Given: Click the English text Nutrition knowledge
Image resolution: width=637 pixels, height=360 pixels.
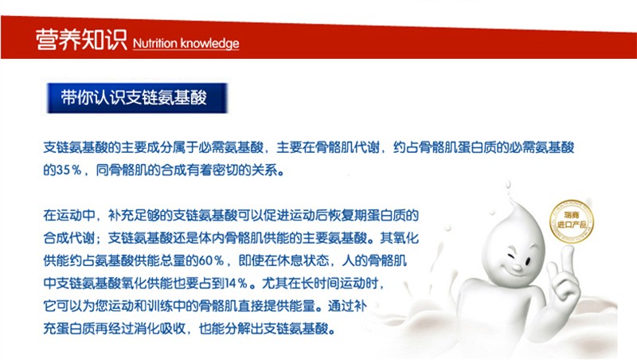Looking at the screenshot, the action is [x=186, y=44].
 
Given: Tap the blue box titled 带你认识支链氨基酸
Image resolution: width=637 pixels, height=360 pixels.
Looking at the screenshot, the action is [x=137, y=98].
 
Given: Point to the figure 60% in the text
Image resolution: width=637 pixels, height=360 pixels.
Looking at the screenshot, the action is [x=211, y=260].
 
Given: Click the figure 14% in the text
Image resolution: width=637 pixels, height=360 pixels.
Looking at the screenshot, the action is [x=236, y=284].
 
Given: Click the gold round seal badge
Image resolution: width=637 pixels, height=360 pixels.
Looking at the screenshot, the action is [x=571, y=221].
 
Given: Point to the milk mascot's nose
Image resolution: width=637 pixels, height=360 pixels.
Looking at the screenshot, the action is [x=516, y=268].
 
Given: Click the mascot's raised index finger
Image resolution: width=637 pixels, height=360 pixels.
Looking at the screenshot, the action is [x=567, y=260].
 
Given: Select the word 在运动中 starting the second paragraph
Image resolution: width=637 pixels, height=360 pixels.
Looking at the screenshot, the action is [x=69, y=215].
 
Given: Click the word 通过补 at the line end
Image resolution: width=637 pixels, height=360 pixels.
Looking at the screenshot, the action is [x=347, y=306].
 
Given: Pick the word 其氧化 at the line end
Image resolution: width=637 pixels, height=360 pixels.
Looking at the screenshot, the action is [x=399, y=237].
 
